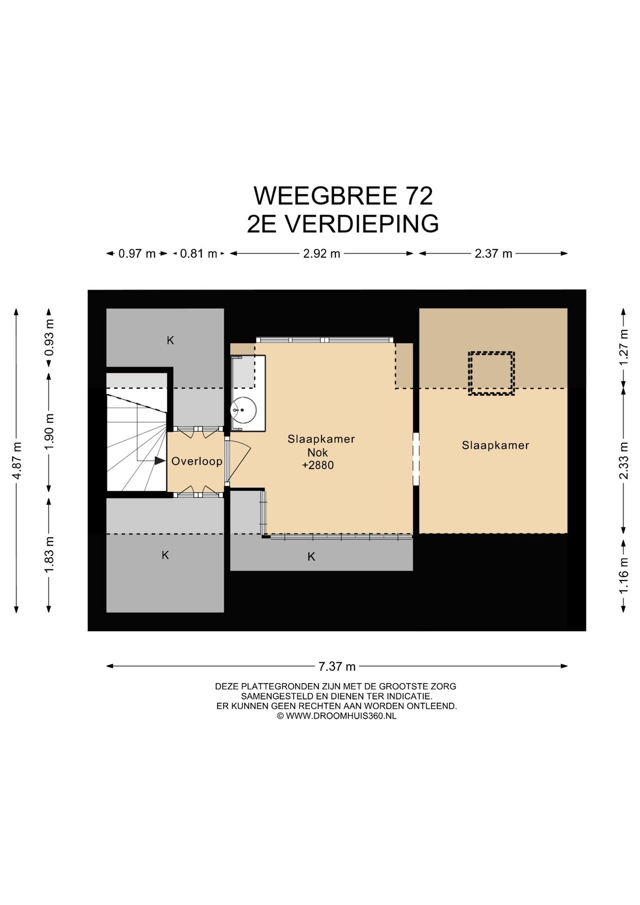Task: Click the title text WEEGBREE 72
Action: click(343, 196)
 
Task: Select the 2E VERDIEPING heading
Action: click(343, 224)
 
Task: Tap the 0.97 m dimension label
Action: click(137, 254)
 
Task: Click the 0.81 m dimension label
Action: click(198, 254)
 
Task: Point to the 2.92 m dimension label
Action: click(321, 254)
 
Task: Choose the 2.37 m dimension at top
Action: click(493, 254)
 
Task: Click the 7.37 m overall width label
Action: click(336, 666)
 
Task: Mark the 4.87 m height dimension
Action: click(16, 460)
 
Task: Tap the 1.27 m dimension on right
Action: click(624, 347)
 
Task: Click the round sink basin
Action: click(244, 410)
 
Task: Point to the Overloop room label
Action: click(197, 461)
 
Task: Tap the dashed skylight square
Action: click(491, 373)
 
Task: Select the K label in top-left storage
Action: click(170, 340)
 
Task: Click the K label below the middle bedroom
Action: click(311, 557)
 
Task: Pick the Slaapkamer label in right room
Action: click(495, 445)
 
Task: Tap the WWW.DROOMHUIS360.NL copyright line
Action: click(336, 716)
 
